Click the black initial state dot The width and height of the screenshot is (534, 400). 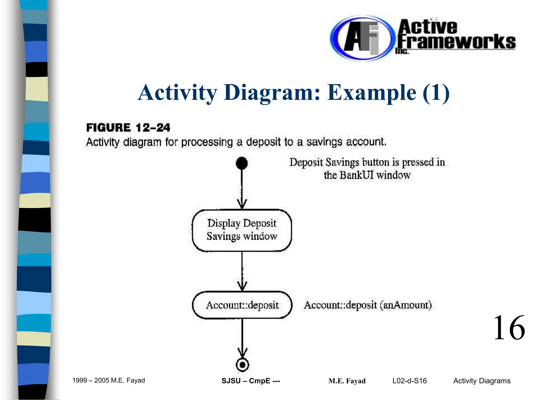click(x=242, y=163)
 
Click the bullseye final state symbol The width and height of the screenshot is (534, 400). click(x=242, y=365)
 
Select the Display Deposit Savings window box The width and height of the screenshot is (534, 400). click(x=242, y=230)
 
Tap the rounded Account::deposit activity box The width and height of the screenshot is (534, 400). click(x=242, y=305)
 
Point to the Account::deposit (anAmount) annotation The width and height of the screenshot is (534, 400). click(x=368, y=305)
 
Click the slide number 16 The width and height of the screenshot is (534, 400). click(x=509, y=328)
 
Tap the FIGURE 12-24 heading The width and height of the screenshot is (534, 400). click(x=128, y=128)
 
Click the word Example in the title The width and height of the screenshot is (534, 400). click(x=372, y=92)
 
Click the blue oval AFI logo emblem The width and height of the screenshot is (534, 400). click(x=361, y=39)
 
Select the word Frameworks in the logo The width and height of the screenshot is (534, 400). click(x=456, y=42)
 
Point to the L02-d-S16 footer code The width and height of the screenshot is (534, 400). click(x=409, y=381)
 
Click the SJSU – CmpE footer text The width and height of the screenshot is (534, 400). click(x=251, y=381)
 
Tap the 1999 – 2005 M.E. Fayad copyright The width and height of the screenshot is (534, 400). click(x=108, y=380)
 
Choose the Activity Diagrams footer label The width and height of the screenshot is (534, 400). click(x=482, y=381)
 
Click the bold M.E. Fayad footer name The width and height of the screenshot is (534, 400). click(x=347, y=381)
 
